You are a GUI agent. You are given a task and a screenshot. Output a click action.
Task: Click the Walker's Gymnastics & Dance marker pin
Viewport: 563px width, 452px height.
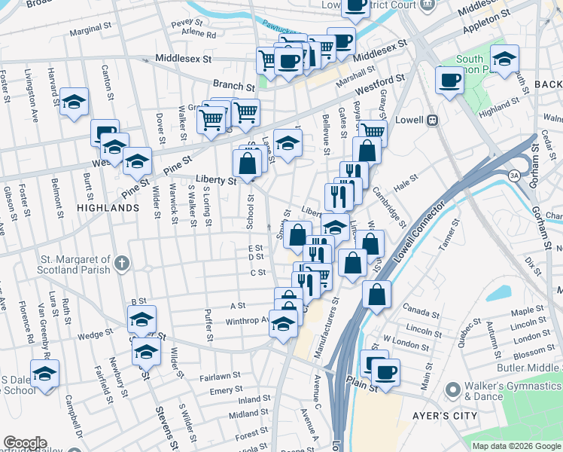point(452,390)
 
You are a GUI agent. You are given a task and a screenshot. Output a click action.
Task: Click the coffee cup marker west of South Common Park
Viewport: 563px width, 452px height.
point(450,80)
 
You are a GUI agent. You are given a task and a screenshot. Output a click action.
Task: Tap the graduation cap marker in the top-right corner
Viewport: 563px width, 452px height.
point(504,58)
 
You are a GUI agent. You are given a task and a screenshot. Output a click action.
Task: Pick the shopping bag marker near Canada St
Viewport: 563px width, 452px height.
point(377,294)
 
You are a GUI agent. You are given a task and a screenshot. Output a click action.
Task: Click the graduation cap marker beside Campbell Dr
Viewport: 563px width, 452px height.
point(45,374)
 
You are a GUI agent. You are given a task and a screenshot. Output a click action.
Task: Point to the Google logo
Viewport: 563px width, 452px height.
point(25,443)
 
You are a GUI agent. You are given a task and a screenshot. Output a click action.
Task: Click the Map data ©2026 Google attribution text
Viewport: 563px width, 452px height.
point(517,445)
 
